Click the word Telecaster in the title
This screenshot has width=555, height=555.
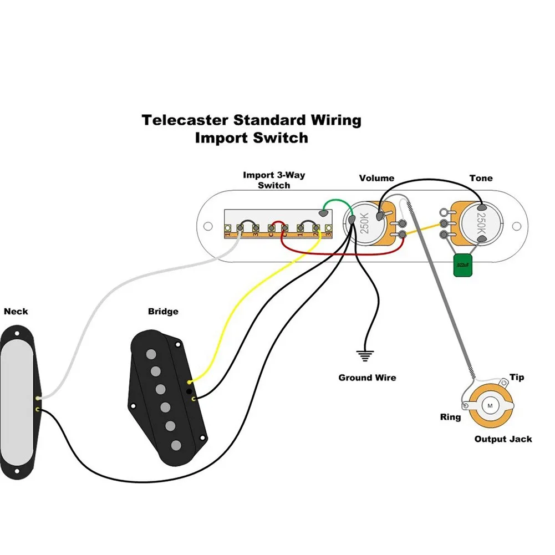pos(184,120)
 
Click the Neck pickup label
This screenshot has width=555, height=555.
pos(16,312)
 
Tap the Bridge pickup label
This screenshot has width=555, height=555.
pos(163,312)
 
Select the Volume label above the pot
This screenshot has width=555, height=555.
pos(376,178)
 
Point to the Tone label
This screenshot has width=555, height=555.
pos(481,178)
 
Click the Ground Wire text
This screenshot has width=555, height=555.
pos(368,378)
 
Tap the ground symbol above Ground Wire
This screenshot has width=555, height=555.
pos(365,355)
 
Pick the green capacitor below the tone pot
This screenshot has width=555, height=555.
pos(462,265)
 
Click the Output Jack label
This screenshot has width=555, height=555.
pos(503,439)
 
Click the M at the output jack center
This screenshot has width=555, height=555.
pos(490,405)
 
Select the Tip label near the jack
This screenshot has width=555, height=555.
pos(517,378)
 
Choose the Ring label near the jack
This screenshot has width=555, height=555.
pos(450,417)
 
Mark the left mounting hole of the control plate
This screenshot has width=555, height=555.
pos(208,226)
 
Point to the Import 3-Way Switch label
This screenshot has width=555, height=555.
pos(274,180)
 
